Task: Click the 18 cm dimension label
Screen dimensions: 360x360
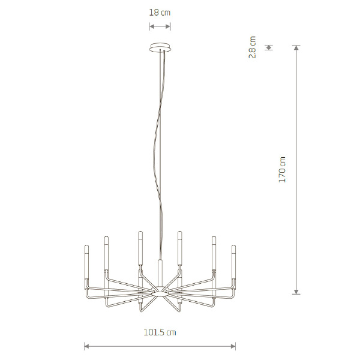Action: tap(160, 13)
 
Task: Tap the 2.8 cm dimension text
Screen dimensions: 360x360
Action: tap(253, 47)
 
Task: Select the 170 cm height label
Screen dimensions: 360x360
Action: tap(282, 170)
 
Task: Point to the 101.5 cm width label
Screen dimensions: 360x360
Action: tap(160, 332)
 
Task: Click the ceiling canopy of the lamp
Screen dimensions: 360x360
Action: tap(160, 47)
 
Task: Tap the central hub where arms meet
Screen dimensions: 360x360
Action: tap(160, 291)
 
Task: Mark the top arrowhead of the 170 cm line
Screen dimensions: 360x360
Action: tap(296, 47)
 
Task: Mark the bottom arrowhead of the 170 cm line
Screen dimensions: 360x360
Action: tap(296, 292)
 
